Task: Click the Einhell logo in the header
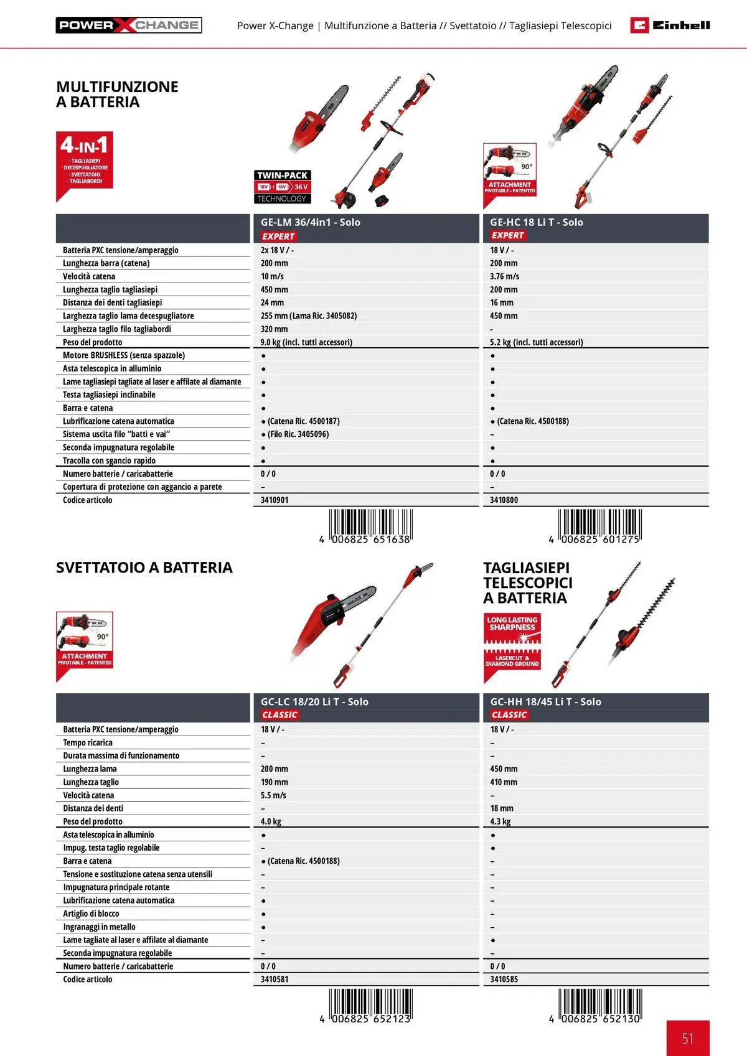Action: [x=670, y=25]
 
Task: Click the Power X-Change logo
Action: [x=129, y=25]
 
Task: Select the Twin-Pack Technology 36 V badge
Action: [x=282, y=187]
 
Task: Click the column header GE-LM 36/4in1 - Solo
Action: [x=310, y=222]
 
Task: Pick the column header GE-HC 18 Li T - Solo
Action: [x=536, y=222]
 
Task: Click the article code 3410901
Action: [x=275, y=500]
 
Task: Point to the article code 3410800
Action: [x=504, y=500]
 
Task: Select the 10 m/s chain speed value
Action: [x=272, y=276]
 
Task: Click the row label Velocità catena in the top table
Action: [x=89, y=276]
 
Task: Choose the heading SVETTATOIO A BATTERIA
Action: [x=144, y=568]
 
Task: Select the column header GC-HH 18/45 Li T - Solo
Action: [x=545, y=702]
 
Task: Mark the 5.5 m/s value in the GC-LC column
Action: [x=273, y=795]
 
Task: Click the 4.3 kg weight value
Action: [x=500, y=821]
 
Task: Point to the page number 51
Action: [x=687, y=1038]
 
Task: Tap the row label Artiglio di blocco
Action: [x=91, y=913]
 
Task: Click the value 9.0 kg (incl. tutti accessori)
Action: [x=306, y=342]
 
